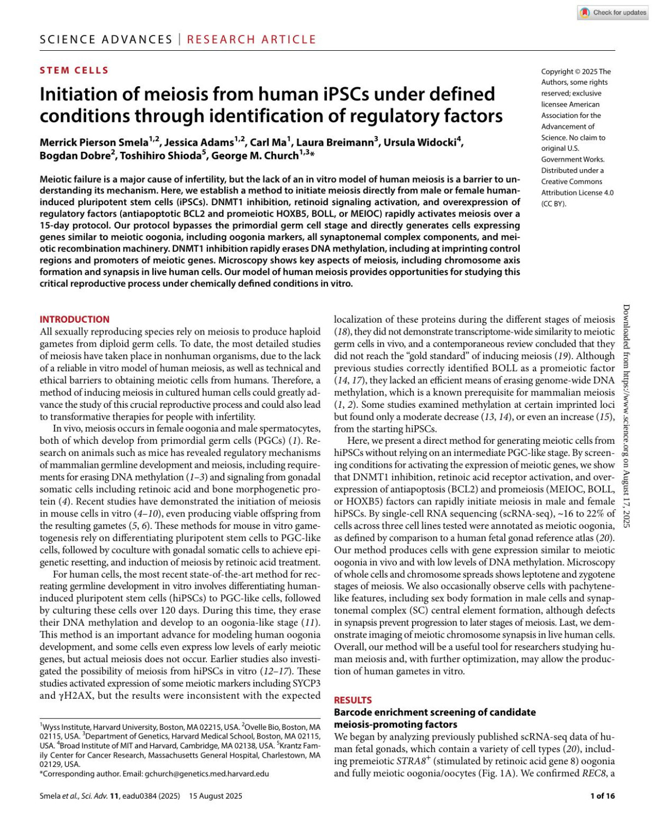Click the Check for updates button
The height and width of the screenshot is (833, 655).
[613, 12]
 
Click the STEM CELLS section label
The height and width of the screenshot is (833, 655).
[74, 70]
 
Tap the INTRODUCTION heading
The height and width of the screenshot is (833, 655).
[74, 319]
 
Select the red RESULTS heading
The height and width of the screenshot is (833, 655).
[353, 700]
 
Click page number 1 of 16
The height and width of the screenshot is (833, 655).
[602, 796]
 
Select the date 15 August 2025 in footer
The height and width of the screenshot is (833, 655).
[216, 796]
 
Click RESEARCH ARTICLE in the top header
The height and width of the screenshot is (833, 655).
[252, 39]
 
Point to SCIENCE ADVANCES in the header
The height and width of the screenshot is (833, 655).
[106, 39]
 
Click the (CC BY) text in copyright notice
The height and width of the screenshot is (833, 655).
[554, 204]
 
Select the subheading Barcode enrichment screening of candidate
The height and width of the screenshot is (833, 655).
[434, 712]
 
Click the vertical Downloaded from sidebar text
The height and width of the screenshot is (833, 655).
[626, 415]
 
